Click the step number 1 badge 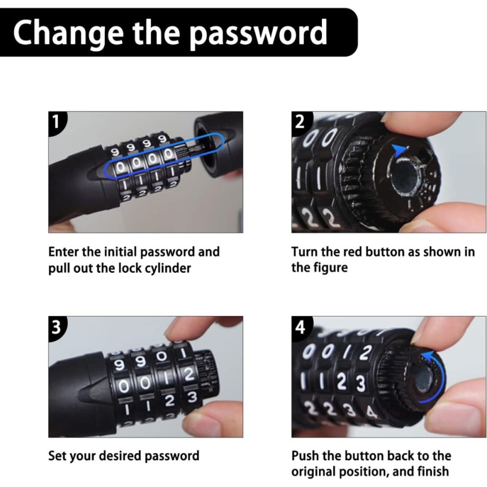tap(56, 122)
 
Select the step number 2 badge tap(300, 122)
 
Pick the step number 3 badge tap(56, 327)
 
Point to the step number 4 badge tap(300, 328)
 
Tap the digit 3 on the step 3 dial tap(192, 398)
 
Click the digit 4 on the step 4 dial tap(371, 413)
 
